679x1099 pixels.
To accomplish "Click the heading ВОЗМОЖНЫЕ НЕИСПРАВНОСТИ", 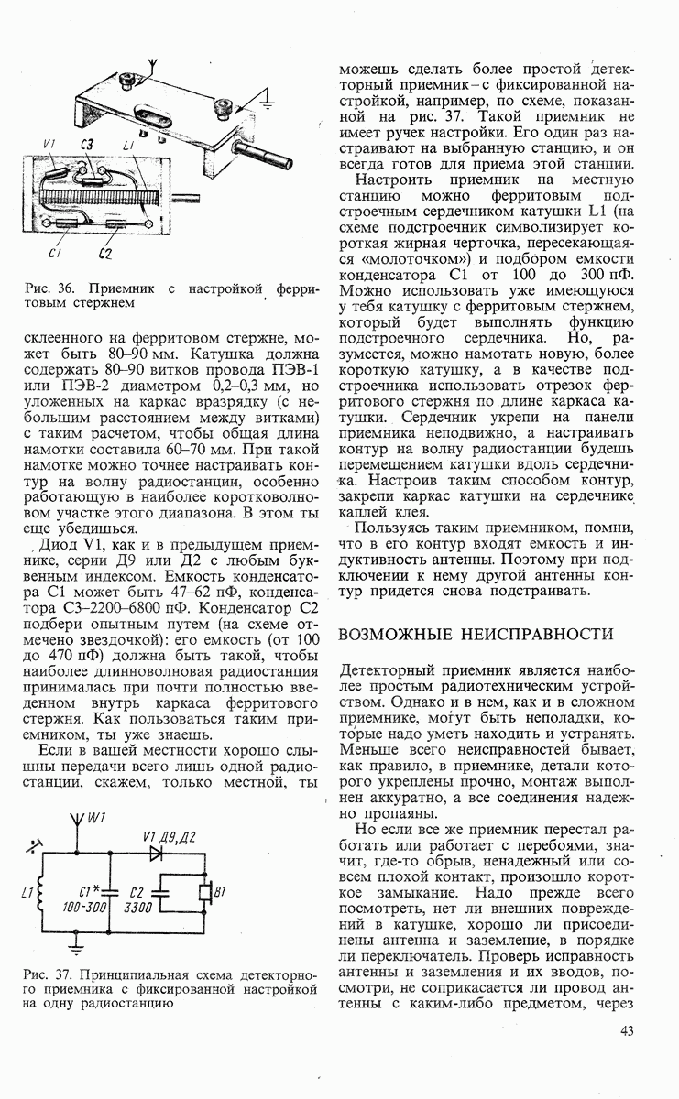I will coord(476,634).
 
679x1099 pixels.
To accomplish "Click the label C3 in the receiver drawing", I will coord(87,144).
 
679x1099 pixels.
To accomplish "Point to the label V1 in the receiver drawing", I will coord(49,144).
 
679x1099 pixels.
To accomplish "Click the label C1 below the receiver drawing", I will coord(55,253).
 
